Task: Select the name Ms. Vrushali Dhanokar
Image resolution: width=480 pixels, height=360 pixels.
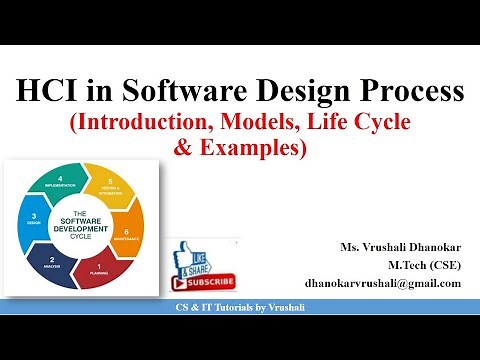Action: [x=400, y=247]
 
